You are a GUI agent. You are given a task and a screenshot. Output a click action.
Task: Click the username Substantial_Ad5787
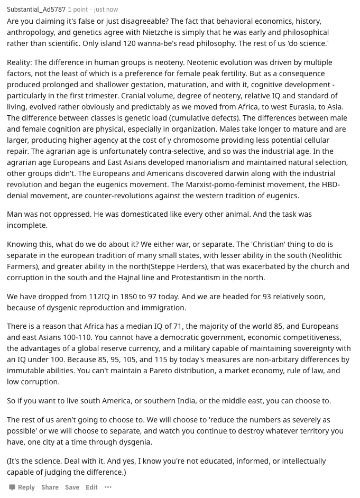click(36, 10)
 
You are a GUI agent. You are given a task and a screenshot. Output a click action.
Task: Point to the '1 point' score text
click(78, 10)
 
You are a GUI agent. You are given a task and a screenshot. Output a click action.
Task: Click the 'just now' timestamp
click(106, 10)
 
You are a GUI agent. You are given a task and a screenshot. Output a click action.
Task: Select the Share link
click(50, 487)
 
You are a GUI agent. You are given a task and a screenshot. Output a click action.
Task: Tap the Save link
click(72, 487)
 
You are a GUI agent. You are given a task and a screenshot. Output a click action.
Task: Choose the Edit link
click(91, 487)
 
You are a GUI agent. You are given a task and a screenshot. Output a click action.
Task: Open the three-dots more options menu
click(108, 487)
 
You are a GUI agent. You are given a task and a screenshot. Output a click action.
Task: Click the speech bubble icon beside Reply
click(12, 487)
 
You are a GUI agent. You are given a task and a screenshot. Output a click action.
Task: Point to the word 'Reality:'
click(19, 62)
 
